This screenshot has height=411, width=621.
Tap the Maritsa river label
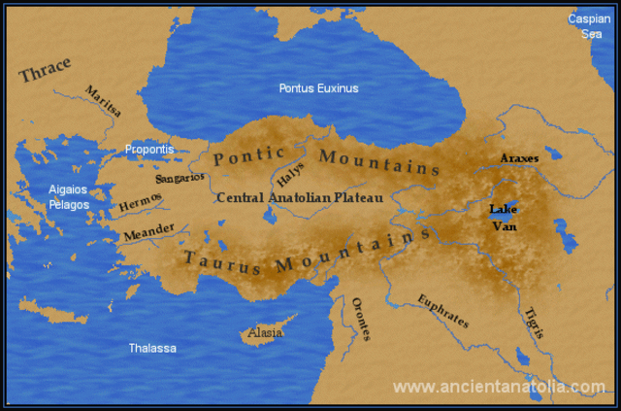tap(104, 101)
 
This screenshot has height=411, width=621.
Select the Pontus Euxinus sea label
tap(318, 88)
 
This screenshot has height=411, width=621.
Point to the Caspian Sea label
tap(590, 26)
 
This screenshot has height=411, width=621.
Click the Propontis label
tap(148, 150)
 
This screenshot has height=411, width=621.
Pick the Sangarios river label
tap(180, 178)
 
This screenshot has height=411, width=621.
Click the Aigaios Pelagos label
tap(70, 197)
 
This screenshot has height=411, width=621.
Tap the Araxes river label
tap(519, 157)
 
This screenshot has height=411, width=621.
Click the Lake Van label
tap(504, 218)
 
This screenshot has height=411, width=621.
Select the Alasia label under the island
tap(265, 332)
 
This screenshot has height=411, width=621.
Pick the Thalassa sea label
tap(153, 348)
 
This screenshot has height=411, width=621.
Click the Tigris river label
tap(532, 321)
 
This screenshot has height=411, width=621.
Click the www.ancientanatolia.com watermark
tap(499, 387)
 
